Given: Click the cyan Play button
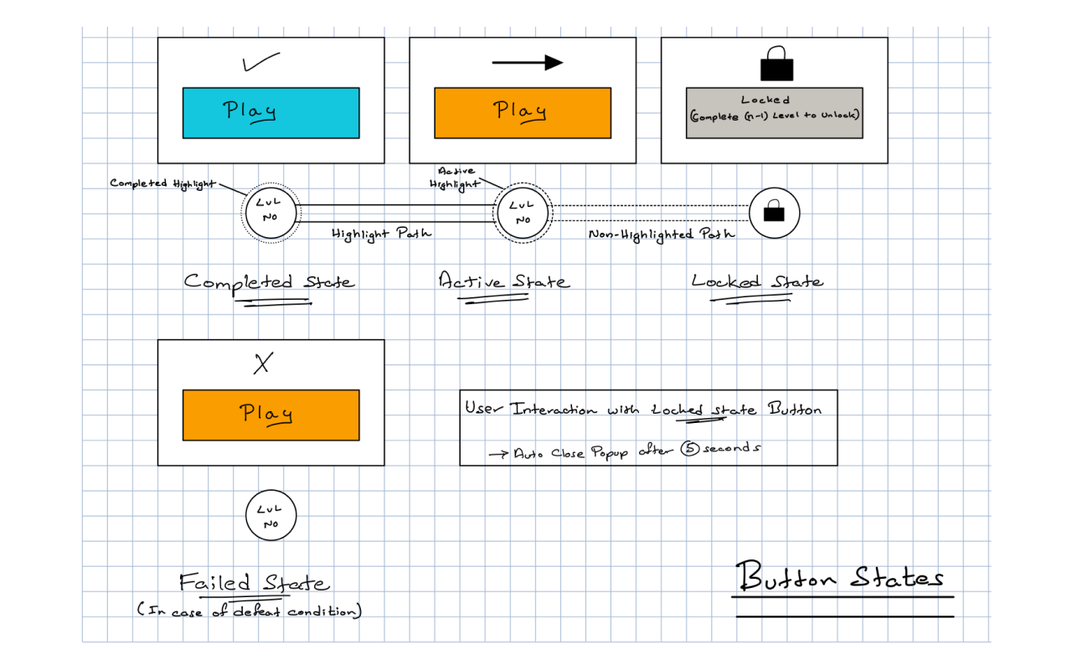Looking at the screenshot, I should [271, 112].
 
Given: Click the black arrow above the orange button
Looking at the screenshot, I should [527, 62].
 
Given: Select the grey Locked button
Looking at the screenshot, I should [774, 112].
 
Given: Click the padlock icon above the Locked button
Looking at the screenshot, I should [775, 64].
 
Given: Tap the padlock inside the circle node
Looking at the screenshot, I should [774, 213].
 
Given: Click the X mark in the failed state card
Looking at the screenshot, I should [264, 363].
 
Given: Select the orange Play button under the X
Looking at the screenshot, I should [271, 415].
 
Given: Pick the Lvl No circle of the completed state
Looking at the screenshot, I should [271, 213].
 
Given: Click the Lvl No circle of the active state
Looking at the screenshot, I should [522, 213].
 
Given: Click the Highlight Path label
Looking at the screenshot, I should [381, 234].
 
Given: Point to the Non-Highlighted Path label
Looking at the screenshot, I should [662, 234].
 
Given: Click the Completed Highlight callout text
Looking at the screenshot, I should [161, 183].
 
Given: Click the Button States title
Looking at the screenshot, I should [840, 578].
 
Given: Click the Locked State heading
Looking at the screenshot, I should [757, 282].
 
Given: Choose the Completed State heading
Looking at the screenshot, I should [268, 282].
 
